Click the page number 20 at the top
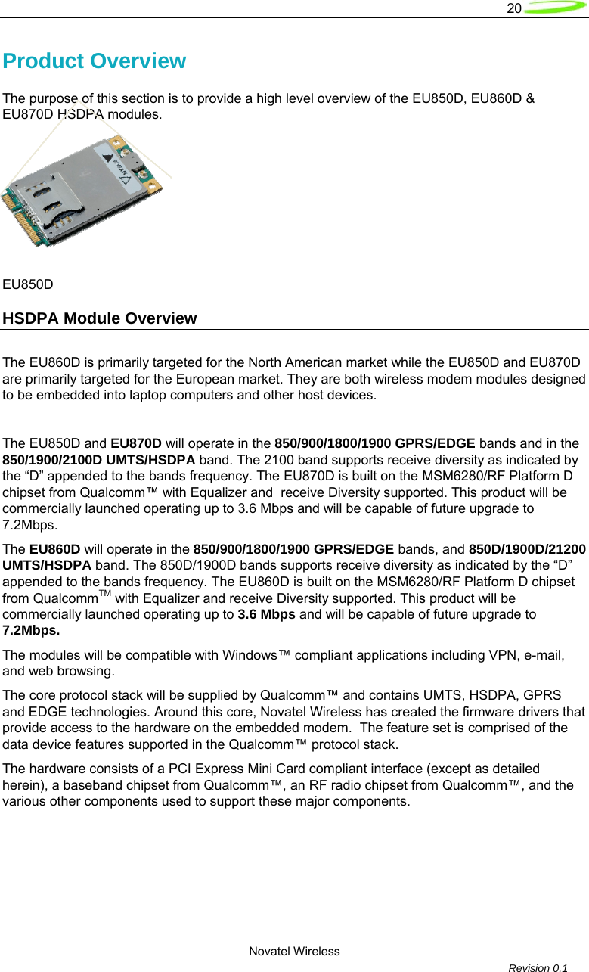(513, 9)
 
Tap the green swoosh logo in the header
(555, 8)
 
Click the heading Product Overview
(95, 61)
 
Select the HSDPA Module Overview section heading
(100, 318)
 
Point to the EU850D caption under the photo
(28, 285)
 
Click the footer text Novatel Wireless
(294, 952)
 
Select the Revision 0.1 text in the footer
(538, 967)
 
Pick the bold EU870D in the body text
(135, 443)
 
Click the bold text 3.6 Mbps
(266, 614)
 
